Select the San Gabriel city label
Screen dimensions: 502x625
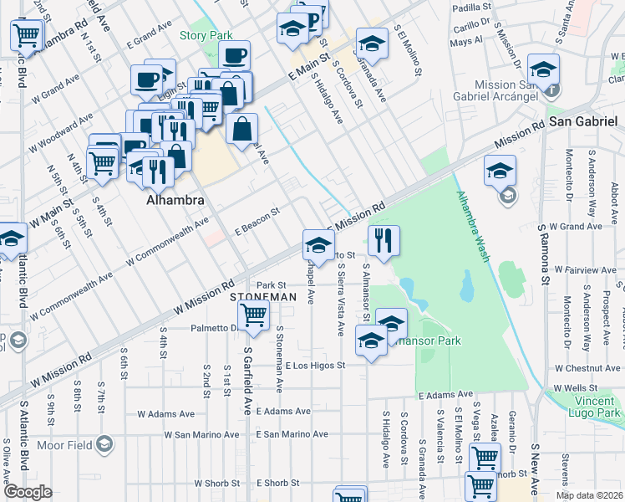(582, 121)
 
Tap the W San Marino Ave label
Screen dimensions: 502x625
(201, 434)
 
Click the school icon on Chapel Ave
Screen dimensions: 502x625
(318, 245)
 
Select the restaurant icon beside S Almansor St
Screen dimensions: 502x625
(384, 241)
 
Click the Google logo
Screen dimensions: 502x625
(28, 492)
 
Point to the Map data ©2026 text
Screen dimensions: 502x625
(588, 495)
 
